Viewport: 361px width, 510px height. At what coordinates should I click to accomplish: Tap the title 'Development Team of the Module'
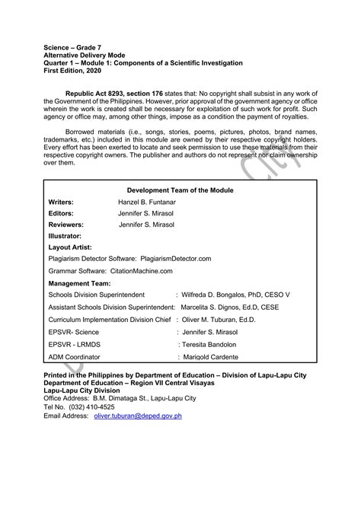tap(180, 190)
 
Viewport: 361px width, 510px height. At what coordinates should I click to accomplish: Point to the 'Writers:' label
tap(61, 202)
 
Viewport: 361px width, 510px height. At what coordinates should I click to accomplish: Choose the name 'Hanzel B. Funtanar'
tap(148, 202)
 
